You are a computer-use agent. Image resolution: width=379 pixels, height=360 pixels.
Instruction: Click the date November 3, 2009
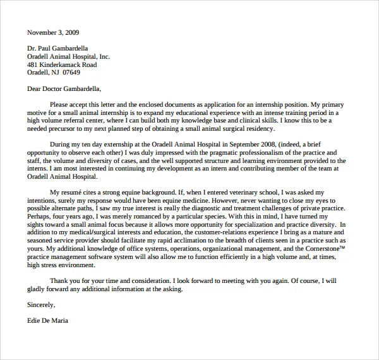(x=53, y=32)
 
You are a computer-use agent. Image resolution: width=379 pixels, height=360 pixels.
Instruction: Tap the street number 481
(x=33, y=64)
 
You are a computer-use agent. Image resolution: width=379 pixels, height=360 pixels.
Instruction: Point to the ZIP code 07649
(x=70, y=73)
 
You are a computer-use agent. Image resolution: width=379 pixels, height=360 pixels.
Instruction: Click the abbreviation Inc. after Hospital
(x=103, y=56)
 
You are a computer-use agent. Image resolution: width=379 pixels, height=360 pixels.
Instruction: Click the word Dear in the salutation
(x=34, y=88)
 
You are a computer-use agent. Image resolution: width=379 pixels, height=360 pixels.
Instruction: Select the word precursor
(x=63, y=128)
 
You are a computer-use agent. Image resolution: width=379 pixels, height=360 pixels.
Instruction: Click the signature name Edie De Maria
(x=47, y=320)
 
